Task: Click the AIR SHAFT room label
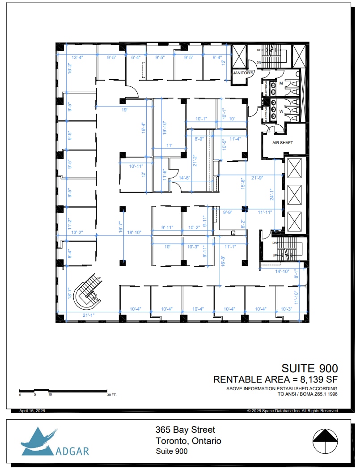point(282,142)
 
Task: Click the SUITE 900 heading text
point(309,368)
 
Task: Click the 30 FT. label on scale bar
point(111,395)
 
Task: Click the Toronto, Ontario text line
point(188,441)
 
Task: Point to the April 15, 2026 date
point(32,411)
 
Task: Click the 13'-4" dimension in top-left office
point(77,58)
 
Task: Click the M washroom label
point(281,84)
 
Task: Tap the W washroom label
point(281,111)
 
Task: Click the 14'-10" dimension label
point(283,271)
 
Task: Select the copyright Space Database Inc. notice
point(292,411)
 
